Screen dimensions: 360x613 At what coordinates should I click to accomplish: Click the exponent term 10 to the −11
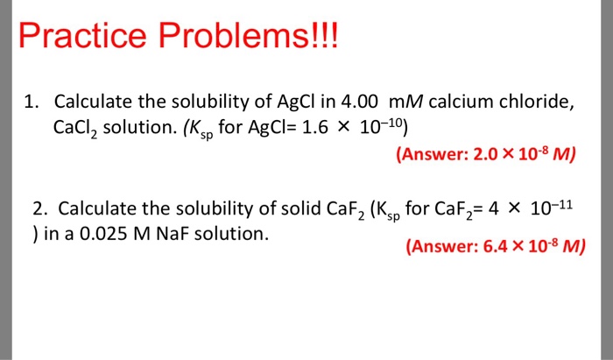coord(552,208)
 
